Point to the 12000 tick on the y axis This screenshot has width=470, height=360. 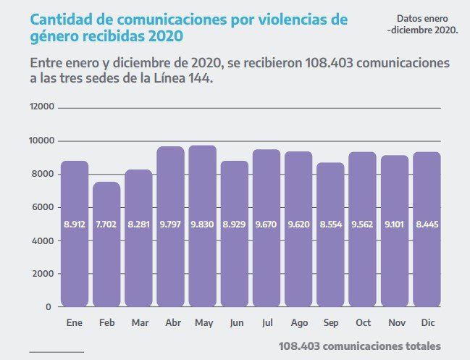41,107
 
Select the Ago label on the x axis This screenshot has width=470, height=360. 298,322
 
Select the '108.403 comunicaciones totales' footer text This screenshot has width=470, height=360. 359,346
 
